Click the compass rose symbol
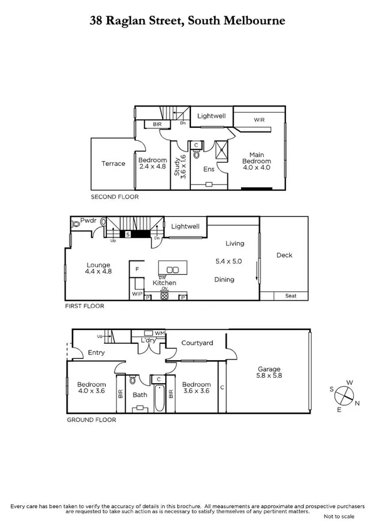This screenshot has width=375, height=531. pos(343,395)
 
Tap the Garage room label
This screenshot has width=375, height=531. pos(267,369)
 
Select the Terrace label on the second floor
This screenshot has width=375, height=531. pos(113,163)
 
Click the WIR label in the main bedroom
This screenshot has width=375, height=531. pos(260,119)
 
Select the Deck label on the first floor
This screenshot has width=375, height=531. pos(284,255)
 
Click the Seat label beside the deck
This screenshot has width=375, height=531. pos(291,296)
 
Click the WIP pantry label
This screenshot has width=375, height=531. pos(136,294)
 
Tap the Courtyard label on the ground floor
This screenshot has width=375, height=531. pos(197,343)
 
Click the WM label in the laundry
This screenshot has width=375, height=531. pos(160,334)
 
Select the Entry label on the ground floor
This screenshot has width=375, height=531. pos(96,353)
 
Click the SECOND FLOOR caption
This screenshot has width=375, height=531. pos(115,197)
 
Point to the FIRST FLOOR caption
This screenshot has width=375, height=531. pos(84,306)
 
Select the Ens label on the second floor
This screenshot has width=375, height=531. pos(209,168)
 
